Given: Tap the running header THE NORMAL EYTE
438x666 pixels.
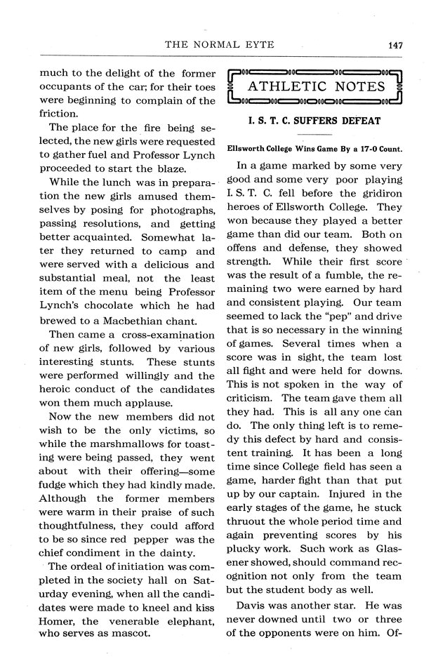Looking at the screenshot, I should pyautogui.click(x=219, y=45).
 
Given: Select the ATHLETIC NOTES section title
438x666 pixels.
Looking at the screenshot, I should pyautogui.click(x=317, y=86).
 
